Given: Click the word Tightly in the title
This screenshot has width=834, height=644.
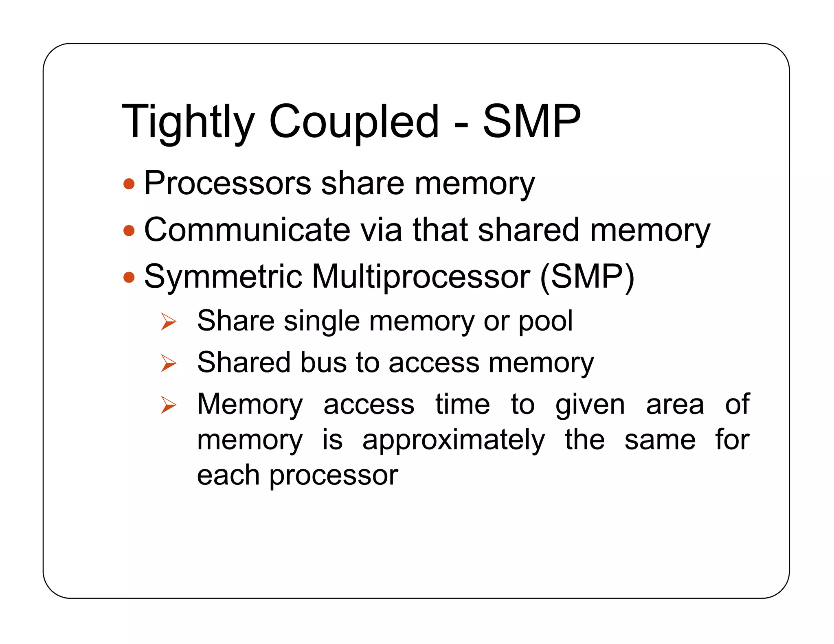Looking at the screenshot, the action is [x=188, y=122].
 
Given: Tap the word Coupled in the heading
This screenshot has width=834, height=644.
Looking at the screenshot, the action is [x=354, y=122].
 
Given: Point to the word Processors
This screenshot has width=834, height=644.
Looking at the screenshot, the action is [x=228, y=184].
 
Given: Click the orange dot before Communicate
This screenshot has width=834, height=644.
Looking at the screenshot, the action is [x=129, y=231].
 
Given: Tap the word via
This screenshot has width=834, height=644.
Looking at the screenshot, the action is [x=381, y=230].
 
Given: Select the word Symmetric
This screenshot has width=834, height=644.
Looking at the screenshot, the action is [x=223, y=277].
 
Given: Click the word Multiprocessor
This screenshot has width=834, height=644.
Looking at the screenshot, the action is [x=421, y=277].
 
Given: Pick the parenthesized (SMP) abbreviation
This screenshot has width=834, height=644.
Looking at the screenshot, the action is [x=587, y=277].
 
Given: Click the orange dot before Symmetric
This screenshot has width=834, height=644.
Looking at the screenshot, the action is [x=129, y=278].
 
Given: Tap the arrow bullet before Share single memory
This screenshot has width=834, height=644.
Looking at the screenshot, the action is [x=168, y=322].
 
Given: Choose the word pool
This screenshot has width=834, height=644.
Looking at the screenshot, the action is [x=545, y=322].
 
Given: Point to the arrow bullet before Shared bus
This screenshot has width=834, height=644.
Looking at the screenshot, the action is [x=168, y=363].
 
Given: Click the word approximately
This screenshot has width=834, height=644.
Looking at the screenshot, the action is [x=453, y=440].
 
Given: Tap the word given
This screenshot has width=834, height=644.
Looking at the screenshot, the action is [x=590, y=405].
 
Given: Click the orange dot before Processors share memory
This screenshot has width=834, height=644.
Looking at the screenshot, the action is [x=129, y=184].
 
